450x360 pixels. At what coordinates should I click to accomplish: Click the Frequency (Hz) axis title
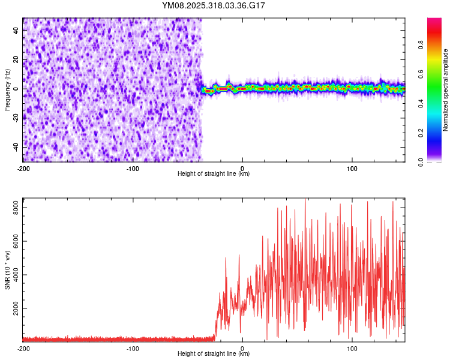click(x=7, y=89)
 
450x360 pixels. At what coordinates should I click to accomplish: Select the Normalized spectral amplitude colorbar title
click(x=446, y=90)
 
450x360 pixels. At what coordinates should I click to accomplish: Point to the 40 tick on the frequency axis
click(x=16, y=29)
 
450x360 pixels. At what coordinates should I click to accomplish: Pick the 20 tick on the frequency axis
click(x=16, y=59)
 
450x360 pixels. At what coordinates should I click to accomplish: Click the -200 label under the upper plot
click(x=23, y=168)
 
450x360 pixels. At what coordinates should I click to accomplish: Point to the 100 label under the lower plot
click(x=352, y=348)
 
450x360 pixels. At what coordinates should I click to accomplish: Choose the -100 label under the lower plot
click(x=133, y=348)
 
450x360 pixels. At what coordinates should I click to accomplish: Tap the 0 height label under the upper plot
click(x=242, y=168)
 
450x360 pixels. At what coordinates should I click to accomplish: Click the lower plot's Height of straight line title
click(x=214, y=354)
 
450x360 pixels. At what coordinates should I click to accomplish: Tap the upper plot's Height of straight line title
click(x=214, y=174)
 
